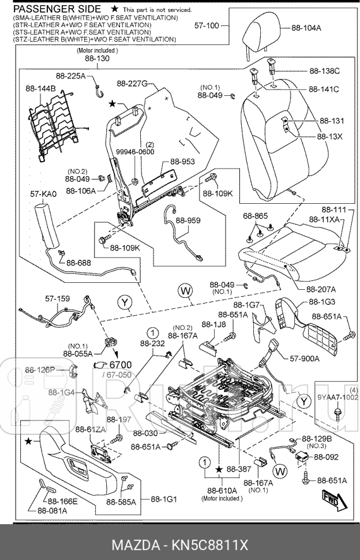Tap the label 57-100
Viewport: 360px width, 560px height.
207,26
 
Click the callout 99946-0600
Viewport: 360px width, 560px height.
135,152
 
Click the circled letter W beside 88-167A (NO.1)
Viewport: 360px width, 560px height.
280,472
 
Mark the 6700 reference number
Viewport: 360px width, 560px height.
121,364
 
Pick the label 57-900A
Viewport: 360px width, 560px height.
304,358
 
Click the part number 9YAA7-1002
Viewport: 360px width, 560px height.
337,397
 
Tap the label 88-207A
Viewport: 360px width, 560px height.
321,289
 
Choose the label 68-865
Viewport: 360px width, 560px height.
255,216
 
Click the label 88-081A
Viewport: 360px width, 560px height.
52,510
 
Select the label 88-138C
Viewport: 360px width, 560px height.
324,70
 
